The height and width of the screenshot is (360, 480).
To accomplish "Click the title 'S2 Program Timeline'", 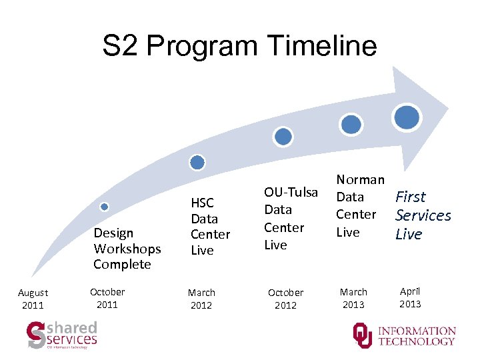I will coord(239,46).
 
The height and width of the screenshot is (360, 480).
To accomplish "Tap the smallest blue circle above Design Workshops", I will coord(104,207).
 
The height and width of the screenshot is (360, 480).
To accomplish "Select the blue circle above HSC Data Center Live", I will coord(197,162).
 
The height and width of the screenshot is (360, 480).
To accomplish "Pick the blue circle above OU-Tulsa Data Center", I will coord(283,137).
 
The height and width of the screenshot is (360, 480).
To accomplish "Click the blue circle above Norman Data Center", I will coord(351,123).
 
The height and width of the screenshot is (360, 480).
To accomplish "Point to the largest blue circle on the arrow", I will coord(407,117).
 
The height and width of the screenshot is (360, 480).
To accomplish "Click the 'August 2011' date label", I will coord(33,299).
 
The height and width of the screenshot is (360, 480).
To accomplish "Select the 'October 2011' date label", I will coord(107,298).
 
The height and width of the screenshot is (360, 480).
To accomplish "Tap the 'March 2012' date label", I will coord(201,299).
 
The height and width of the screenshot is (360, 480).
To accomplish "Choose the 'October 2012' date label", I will coord(285,299).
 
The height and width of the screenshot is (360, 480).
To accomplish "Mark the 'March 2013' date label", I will coord(353,298).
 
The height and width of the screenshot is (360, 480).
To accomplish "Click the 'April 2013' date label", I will coord(410,297).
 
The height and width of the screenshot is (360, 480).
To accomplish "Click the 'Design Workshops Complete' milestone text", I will coord(127,249).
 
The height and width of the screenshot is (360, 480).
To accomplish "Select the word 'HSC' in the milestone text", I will coord(202,203).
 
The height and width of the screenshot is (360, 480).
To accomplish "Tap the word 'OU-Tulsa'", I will coord(291,193).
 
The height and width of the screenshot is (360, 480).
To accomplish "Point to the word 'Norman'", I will coord(360,179).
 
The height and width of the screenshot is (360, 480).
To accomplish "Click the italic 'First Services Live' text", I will coord(423,215).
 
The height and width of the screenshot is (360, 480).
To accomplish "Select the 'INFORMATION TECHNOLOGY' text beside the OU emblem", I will coord(417,336).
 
